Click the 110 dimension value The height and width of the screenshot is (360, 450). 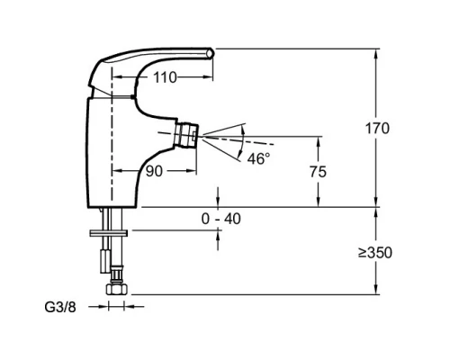coord(165,77)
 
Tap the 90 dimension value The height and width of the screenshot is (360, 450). coord(154,171)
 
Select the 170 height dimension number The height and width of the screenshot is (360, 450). coord(377,129)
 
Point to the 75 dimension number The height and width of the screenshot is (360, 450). coord(318,172)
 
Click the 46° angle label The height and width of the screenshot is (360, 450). coord(258,158)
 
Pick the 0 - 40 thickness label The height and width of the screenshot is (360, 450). coord(221,219)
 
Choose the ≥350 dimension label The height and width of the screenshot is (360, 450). coord(375,253)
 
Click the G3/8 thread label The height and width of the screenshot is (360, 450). coord(60,307)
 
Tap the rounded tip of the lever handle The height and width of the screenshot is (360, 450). coord(211,52)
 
